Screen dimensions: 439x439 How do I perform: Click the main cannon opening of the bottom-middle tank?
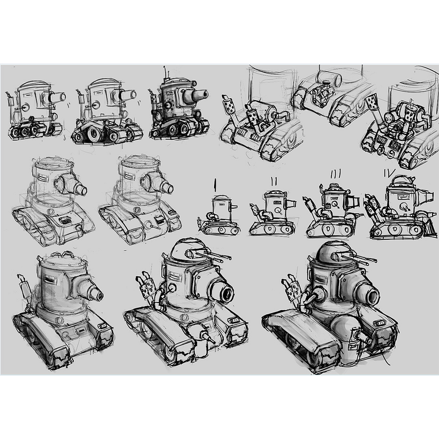pos(223,291)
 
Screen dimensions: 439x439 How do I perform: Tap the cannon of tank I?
pos(234,204)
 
